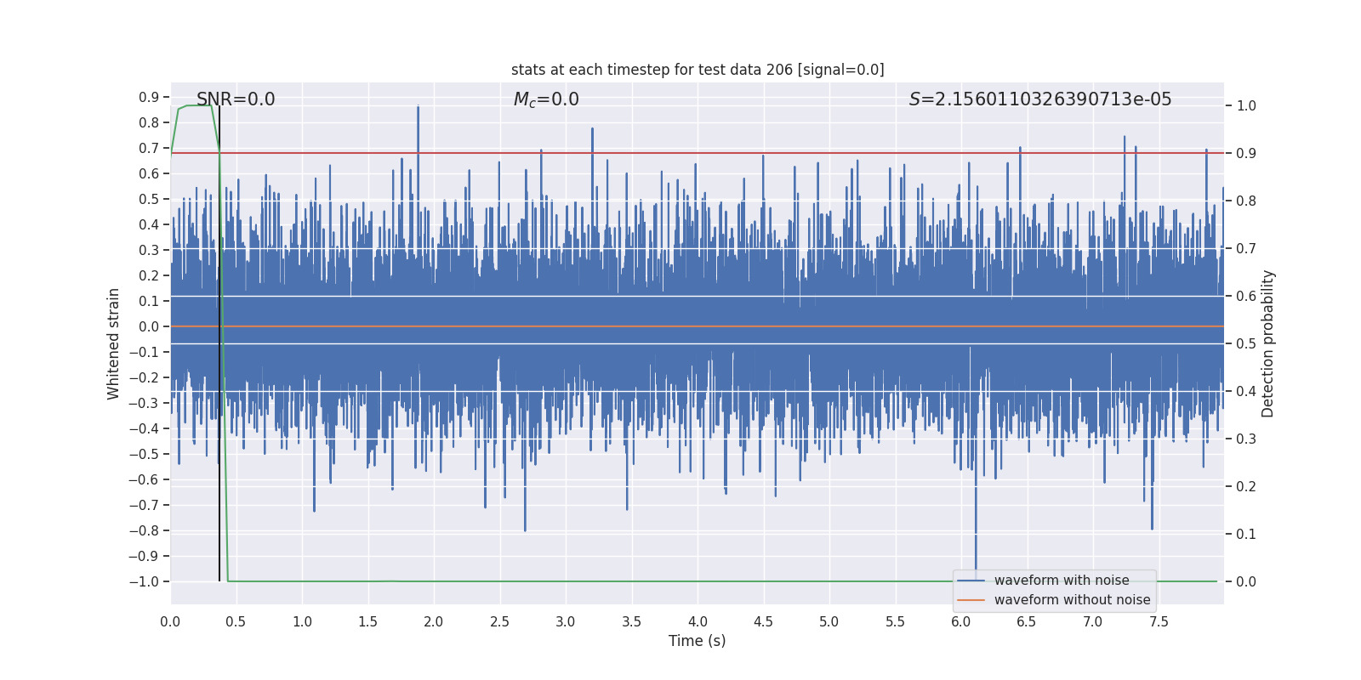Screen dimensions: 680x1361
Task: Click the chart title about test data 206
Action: [x=698, y=70]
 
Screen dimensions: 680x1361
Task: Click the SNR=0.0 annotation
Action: [x=236, y=99]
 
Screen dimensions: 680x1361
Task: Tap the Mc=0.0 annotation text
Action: [x=546, y=99]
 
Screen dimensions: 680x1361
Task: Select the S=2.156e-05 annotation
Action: [x=1039, y=99]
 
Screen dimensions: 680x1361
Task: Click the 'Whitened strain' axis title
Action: [x=114, y=343]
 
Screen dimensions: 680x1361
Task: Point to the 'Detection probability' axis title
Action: [x=1268, y=343]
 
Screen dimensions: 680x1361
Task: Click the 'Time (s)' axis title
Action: [x=697, y=641]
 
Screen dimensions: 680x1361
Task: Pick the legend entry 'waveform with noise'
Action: [x=1061, y=581]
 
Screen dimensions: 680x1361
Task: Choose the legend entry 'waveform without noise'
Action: [x=1072, y=600]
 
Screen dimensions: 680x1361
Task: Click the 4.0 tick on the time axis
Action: [x=698, y=621]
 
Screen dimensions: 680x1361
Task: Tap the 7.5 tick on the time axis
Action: [x=1159, y=621]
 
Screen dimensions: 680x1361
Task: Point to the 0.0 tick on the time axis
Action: [x=170, y=621]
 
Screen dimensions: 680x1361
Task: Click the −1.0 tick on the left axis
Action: [x=144, y=581]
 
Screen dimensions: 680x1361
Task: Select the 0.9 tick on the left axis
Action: [x=149, y=97]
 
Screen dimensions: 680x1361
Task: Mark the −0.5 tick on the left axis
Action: [x=144, y=454]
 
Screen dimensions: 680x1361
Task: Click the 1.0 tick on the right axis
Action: [x=1246, y=105]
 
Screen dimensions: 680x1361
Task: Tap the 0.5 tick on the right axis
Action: [x=1246, y=343]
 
